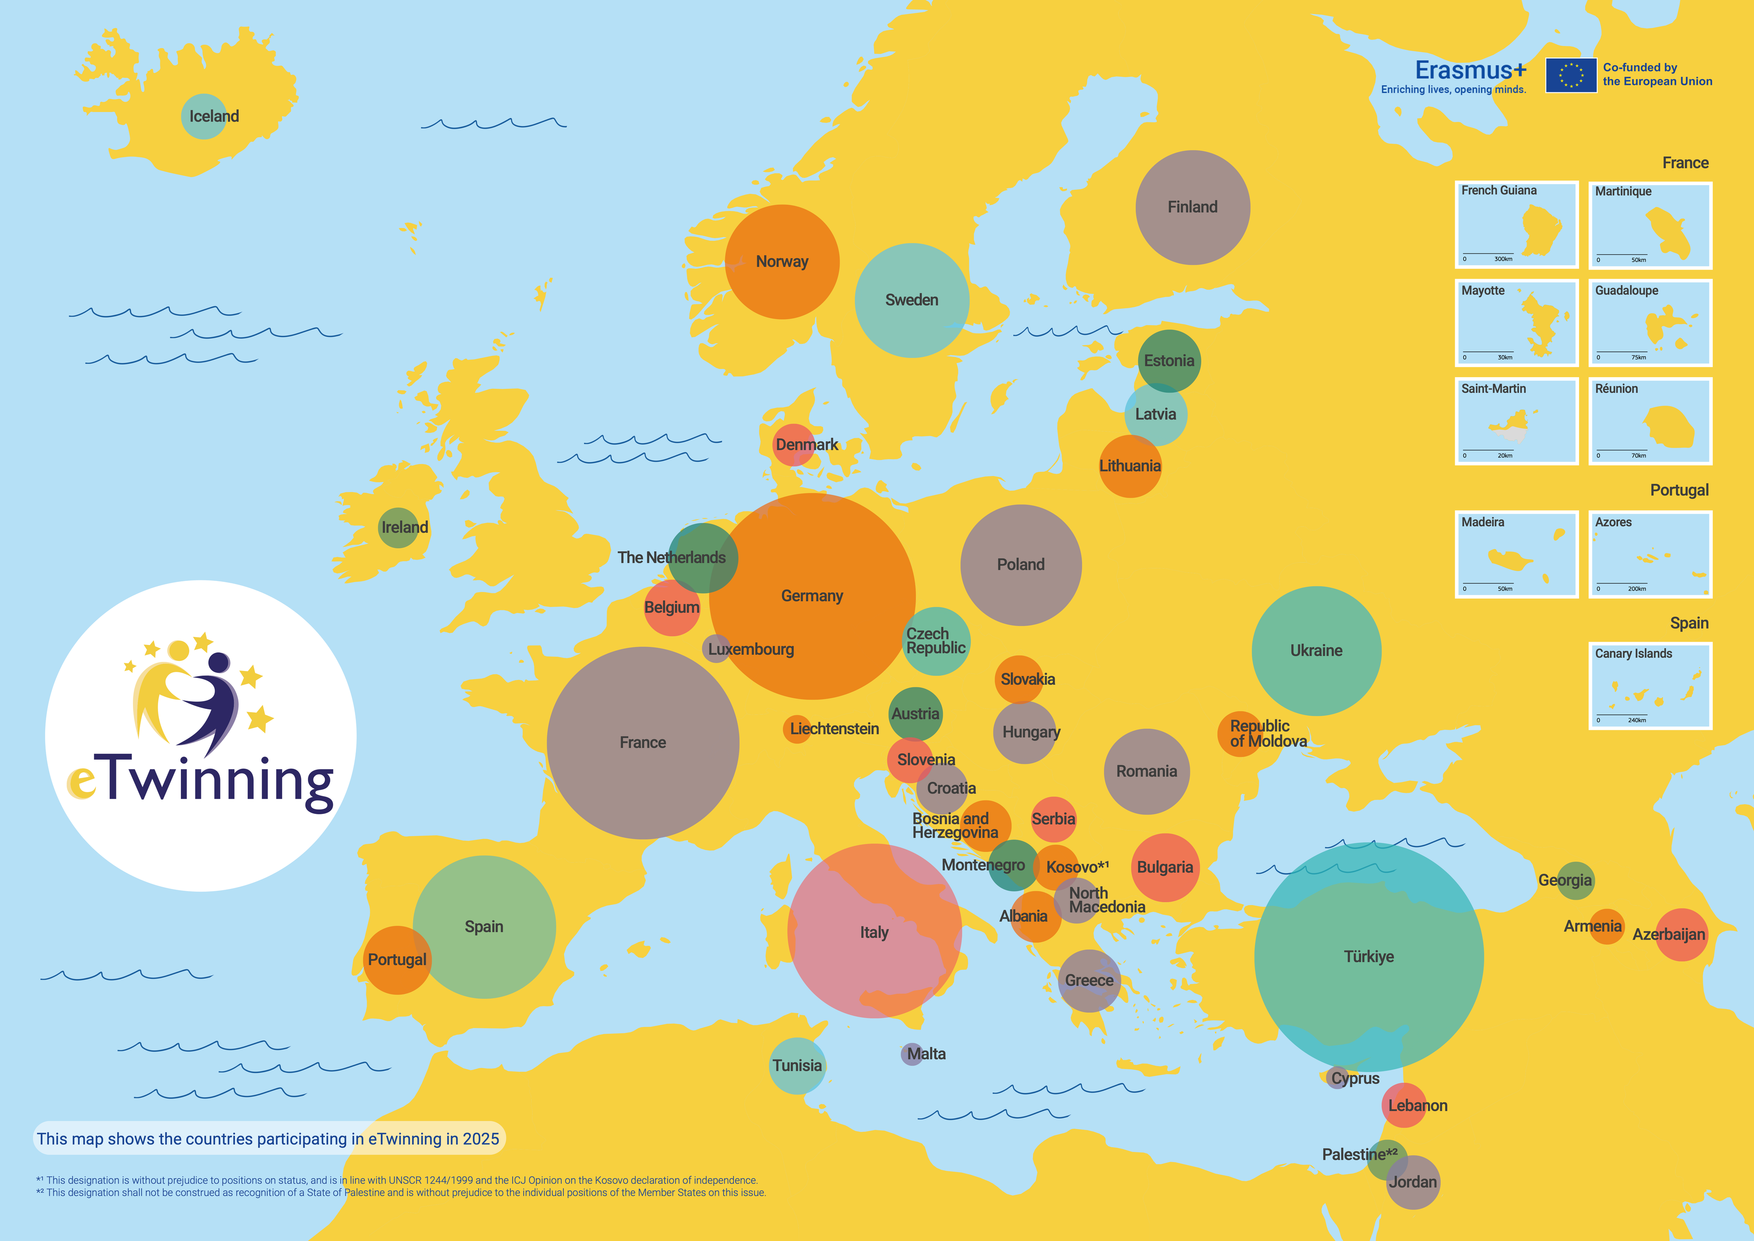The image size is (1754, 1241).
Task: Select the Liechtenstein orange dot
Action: click(x=796, y=729)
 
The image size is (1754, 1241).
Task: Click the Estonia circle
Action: click(x=1168, y=361)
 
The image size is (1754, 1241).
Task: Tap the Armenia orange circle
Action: click(x=1606, y=927)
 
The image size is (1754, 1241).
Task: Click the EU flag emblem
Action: click(x=1570, y=75)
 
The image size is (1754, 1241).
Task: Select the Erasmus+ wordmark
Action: click(x=1470, y=70)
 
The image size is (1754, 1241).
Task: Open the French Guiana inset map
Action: click(x=1516, y=225)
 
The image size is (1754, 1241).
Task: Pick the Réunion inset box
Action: click(x=1650, y=421)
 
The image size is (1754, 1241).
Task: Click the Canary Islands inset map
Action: click(x=1650, y=686)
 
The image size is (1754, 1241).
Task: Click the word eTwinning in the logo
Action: click(x=200, y=781)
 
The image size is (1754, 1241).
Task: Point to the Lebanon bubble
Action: click(x=1404, y=1105)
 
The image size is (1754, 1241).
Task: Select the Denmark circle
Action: click(x=793, y=445)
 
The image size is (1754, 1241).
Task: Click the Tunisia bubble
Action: click(x=797, y=1065)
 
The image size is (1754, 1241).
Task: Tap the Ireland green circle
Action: click(x=398, y=527)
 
